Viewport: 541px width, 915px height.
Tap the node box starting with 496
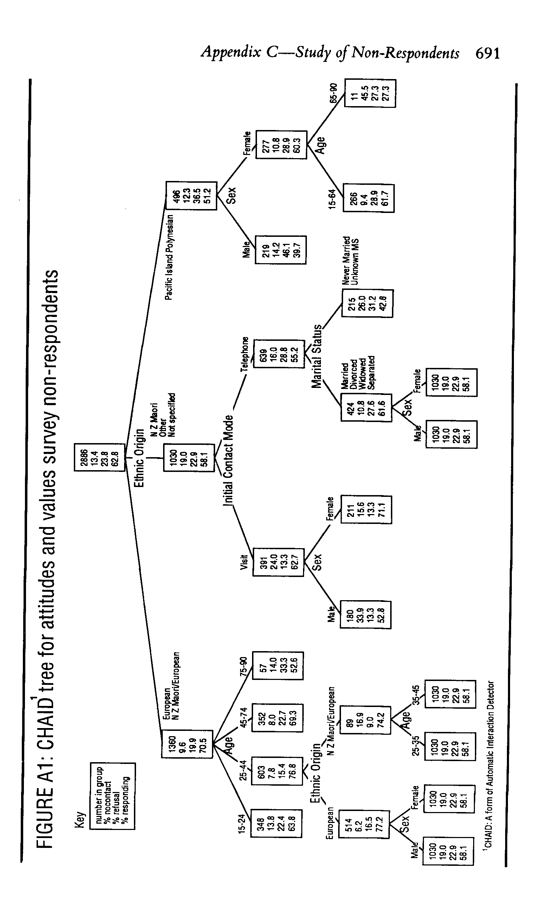tap(191, 196)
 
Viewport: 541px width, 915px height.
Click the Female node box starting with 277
tap(281, 144)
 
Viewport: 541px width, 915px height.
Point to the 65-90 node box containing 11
tap(370, 93)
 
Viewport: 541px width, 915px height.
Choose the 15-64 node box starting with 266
tap(368, 198)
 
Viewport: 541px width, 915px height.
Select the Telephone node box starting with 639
tap(279, 353)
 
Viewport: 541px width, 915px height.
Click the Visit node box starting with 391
tap(278, 562)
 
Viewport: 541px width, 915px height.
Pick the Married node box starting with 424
tap(366, 407)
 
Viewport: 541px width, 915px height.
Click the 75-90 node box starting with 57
tap(278, 666)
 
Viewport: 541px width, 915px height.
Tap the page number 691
tap(488, 53)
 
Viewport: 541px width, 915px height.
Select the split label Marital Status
tap(317, 356)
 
